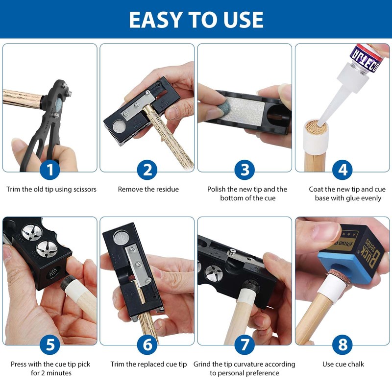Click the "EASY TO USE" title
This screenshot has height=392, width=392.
(x=196, y=19)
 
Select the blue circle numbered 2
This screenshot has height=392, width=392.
(x=147, y=170)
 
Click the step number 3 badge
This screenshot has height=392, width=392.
(x=245, y=170)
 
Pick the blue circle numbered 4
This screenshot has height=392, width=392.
(x=342, y=170)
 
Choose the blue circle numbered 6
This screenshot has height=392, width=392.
(x=147, y=344)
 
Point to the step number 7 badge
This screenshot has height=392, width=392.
(x=245, y=344)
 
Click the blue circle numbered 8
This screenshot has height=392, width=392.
(x=342, y=344)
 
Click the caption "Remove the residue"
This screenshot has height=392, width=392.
(x=148, y=189)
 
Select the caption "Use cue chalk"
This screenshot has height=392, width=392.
(x=343, y=364)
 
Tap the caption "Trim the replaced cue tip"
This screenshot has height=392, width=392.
(x=148, y=364)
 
